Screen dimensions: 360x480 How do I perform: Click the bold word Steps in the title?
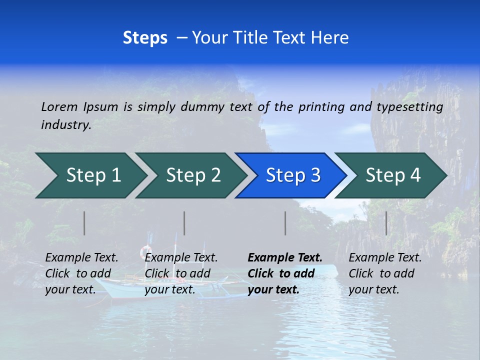click(x=145, y=38)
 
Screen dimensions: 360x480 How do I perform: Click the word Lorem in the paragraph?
click(x=59, y=106)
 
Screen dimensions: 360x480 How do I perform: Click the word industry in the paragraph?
click(x=65, y=124)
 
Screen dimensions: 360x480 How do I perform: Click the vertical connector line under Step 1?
click(x=84, y=223)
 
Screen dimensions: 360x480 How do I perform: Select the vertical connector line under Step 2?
click(x=184, y=223)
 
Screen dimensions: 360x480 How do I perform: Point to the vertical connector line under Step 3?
click(x=285, y=223)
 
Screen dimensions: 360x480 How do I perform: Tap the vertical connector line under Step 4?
click(x=386, y=223)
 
